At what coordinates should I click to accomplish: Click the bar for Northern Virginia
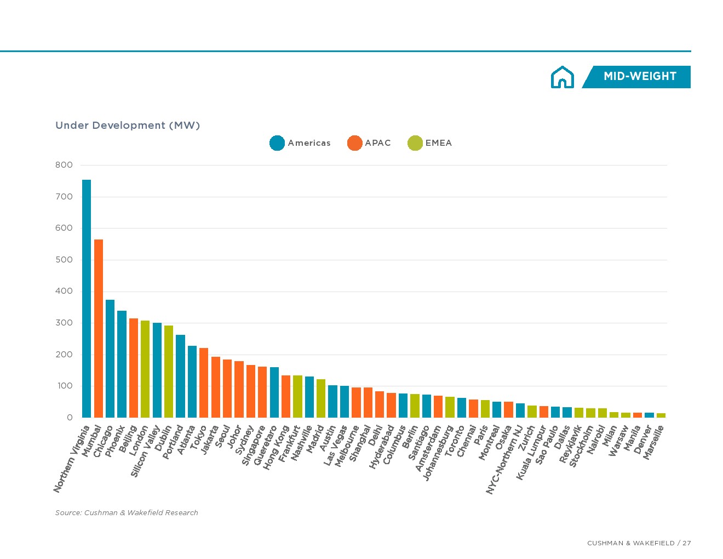[87, 299]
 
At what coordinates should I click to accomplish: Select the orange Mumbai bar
[99, 328]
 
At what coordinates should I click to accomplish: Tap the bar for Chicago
[110, 358]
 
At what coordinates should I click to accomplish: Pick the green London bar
[145, 369]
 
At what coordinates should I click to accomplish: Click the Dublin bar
[169, 371]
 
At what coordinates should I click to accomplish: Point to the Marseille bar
[661, 415]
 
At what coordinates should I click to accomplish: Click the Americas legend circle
[277, 143]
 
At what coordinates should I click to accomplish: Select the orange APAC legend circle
[355, 143]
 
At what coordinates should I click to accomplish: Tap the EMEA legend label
[439, 143]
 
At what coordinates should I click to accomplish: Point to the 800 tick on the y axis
[64, 165]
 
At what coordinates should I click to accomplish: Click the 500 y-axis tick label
[64, 260]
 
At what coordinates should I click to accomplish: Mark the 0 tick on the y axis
[70, 418]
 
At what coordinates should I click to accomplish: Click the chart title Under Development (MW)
[128, 126]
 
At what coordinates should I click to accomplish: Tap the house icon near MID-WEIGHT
[563, 77]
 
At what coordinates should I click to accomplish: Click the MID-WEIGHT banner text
[640, 77]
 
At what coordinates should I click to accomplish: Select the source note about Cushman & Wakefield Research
[127, 513]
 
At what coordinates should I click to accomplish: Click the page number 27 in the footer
[687, 543]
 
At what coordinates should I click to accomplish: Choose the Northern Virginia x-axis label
[72, 459]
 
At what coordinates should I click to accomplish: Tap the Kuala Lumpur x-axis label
[531, 453]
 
